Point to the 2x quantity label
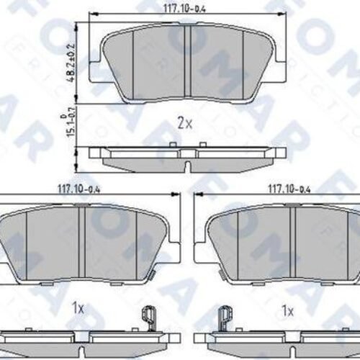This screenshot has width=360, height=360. pos(185,123)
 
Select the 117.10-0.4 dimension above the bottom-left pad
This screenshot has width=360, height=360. pos(80,189)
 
